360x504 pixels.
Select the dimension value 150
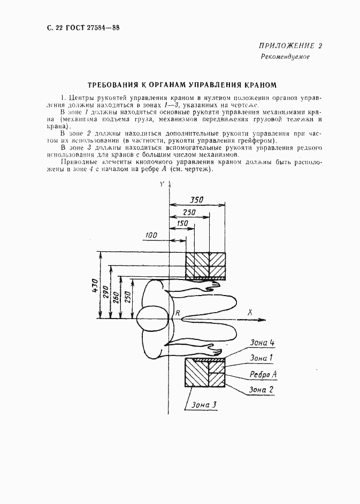181,223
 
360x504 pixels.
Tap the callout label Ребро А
262,374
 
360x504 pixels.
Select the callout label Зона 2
262,390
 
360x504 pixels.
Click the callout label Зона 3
203,405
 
